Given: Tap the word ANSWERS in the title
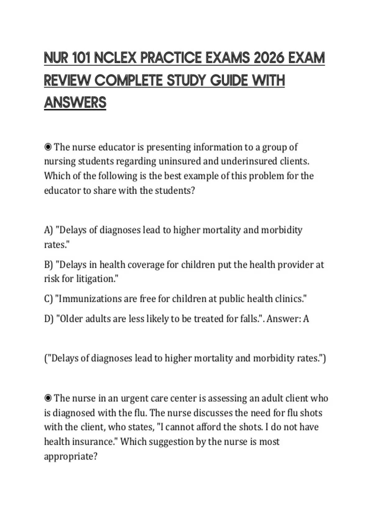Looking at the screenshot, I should pos(75,103).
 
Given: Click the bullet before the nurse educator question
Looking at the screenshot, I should pos(48,147).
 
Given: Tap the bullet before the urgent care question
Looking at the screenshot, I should pos(48,398).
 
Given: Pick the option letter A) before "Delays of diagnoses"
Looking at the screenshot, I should pos(48,230).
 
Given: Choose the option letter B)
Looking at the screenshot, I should pos(48,265).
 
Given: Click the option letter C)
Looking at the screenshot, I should pos(48,299).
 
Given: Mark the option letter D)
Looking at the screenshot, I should pos(48,319).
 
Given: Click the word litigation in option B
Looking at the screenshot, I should pos(97,279).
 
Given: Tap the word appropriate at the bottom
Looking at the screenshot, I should pos(71,456).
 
